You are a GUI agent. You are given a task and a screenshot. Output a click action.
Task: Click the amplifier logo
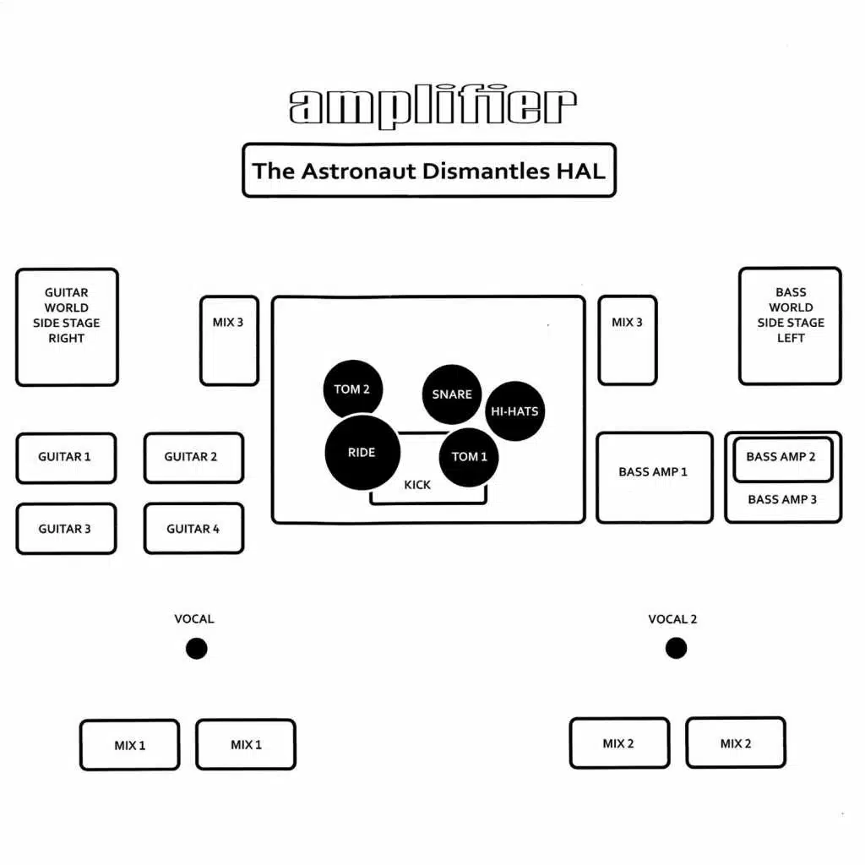pyautogui.click(x=432, y=107)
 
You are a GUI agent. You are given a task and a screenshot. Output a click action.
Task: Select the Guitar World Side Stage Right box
pyautogui.click(x=67, y=327)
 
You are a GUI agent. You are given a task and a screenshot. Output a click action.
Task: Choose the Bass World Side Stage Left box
pyautogui.click(x=790, y=326)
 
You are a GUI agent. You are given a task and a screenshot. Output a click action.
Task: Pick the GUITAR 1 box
pyautogui.click(x=66, y=458)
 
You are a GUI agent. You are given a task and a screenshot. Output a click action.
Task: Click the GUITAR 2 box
pyautogui.click(x=193, y=458)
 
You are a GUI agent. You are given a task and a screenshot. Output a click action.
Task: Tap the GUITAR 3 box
pyautogui.click(x=66, y=529)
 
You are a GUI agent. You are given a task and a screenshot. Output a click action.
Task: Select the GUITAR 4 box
pyautogui.click(x=193, y=529)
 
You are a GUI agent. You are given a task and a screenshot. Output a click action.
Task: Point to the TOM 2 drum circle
pyautogui.click(x=352, y=389)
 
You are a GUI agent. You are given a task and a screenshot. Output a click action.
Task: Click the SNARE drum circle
pyautogui.click(x=452, y=394)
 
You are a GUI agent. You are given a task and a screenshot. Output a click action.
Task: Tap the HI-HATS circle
pyautogui.click(x=514, y=411)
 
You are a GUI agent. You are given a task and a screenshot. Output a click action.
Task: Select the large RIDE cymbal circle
pyautogui.click(x=362, y=453)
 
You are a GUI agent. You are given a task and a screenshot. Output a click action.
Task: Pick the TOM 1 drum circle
pyautogui.click(x=470, y=457)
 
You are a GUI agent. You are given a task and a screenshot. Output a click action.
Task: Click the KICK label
pyautogui.click(x=417, y=485)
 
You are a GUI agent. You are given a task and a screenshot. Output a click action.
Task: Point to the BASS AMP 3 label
pyautogui.click(x=782, y=499)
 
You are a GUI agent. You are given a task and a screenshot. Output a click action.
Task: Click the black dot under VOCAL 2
pyautogui.click(x=676, y=648)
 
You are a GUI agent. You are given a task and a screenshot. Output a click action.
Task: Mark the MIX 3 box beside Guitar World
pyautogui.click(x=229, y=340)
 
